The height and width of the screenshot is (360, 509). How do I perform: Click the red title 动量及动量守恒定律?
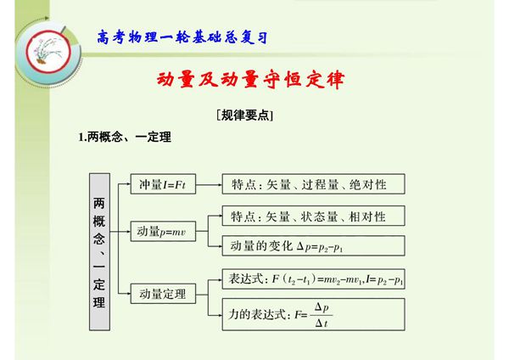[252, 81]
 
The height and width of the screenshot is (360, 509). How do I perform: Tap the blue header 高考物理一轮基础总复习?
[185, 37]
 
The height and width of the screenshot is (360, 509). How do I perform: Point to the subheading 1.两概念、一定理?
[125, 138]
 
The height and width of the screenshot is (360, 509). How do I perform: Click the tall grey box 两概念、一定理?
[100, 251]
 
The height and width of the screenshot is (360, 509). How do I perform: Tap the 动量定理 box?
[163, 294]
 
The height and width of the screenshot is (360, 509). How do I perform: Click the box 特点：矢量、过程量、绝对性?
[311, 184]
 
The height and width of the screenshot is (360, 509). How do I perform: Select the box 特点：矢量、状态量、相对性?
[311, 216]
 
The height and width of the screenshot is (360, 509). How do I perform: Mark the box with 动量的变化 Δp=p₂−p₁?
[311, 246]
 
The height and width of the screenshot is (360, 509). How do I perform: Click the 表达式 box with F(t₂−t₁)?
[311, 278]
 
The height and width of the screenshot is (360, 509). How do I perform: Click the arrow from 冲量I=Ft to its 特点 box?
[209, 184]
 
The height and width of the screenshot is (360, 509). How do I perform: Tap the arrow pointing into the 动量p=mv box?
[122, 231]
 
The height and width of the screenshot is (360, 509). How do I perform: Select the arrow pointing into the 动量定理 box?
[122, 294]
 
